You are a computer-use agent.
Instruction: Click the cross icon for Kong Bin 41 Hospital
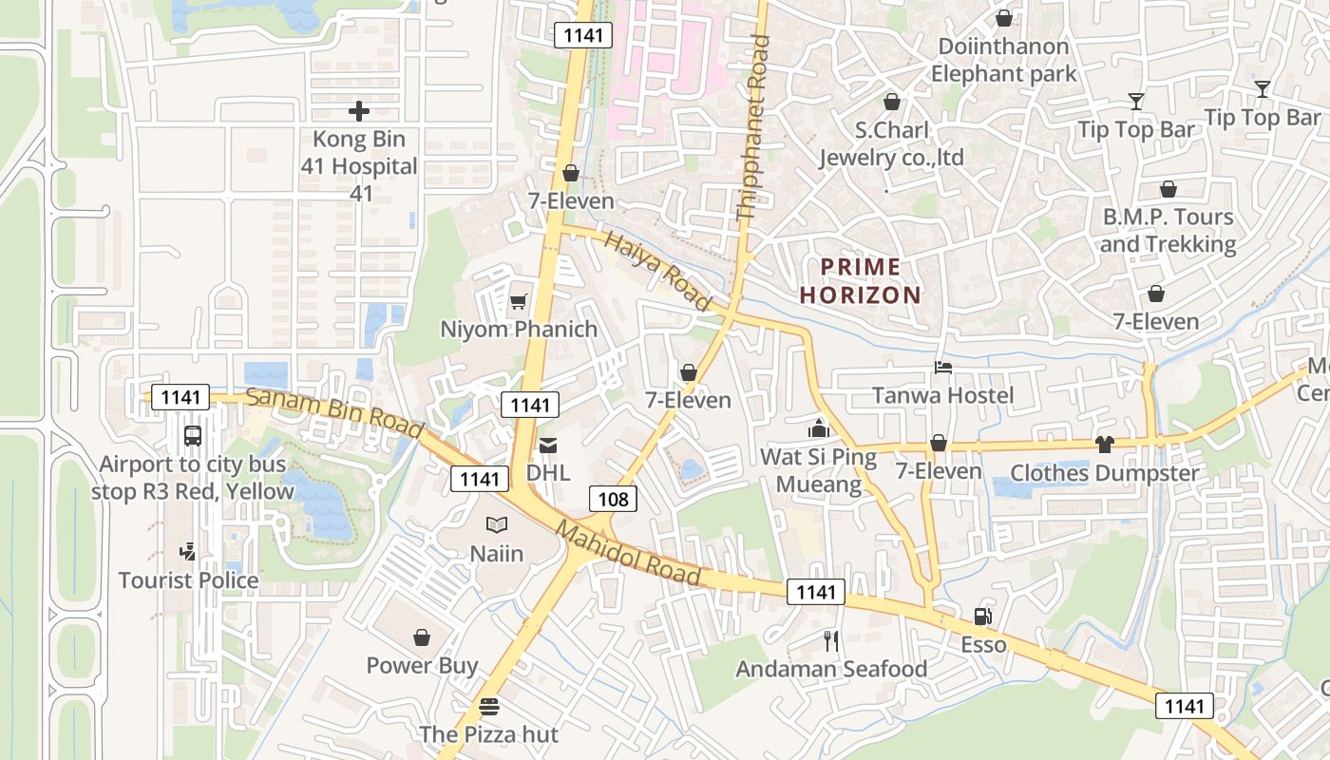coord(359,111)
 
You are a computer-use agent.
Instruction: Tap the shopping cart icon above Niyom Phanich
coord(518,302)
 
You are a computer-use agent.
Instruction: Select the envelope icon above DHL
coord(548,445)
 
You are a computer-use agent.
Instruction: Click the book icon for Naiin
coord(497,524)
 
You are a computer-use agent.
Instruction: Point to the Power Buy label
coord(422,665)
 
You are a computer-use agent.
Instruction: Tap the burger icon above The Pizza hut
coord(489,707)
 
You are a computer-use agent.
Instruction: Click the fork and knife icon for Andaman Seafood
coord(831,641)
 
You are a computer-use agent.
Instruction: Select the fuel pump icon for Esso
coord(983,617)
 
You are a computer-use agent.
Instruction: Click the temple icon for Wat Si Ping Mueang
coord(818,428)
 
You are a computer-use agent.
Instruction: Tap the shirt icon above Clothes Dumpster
coord(1104,444)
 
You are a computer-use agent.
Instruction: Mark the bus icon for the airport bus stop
coord(193,436)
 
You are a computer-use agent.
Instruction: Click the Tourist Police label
coord(188,579)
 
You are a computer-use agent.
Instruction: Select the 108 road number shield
coord(613,498)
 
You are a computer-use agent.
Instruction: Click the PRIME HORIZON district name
coord(861,281)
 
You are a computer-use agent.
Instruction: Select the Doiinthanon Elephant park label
coord(1003,60)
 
